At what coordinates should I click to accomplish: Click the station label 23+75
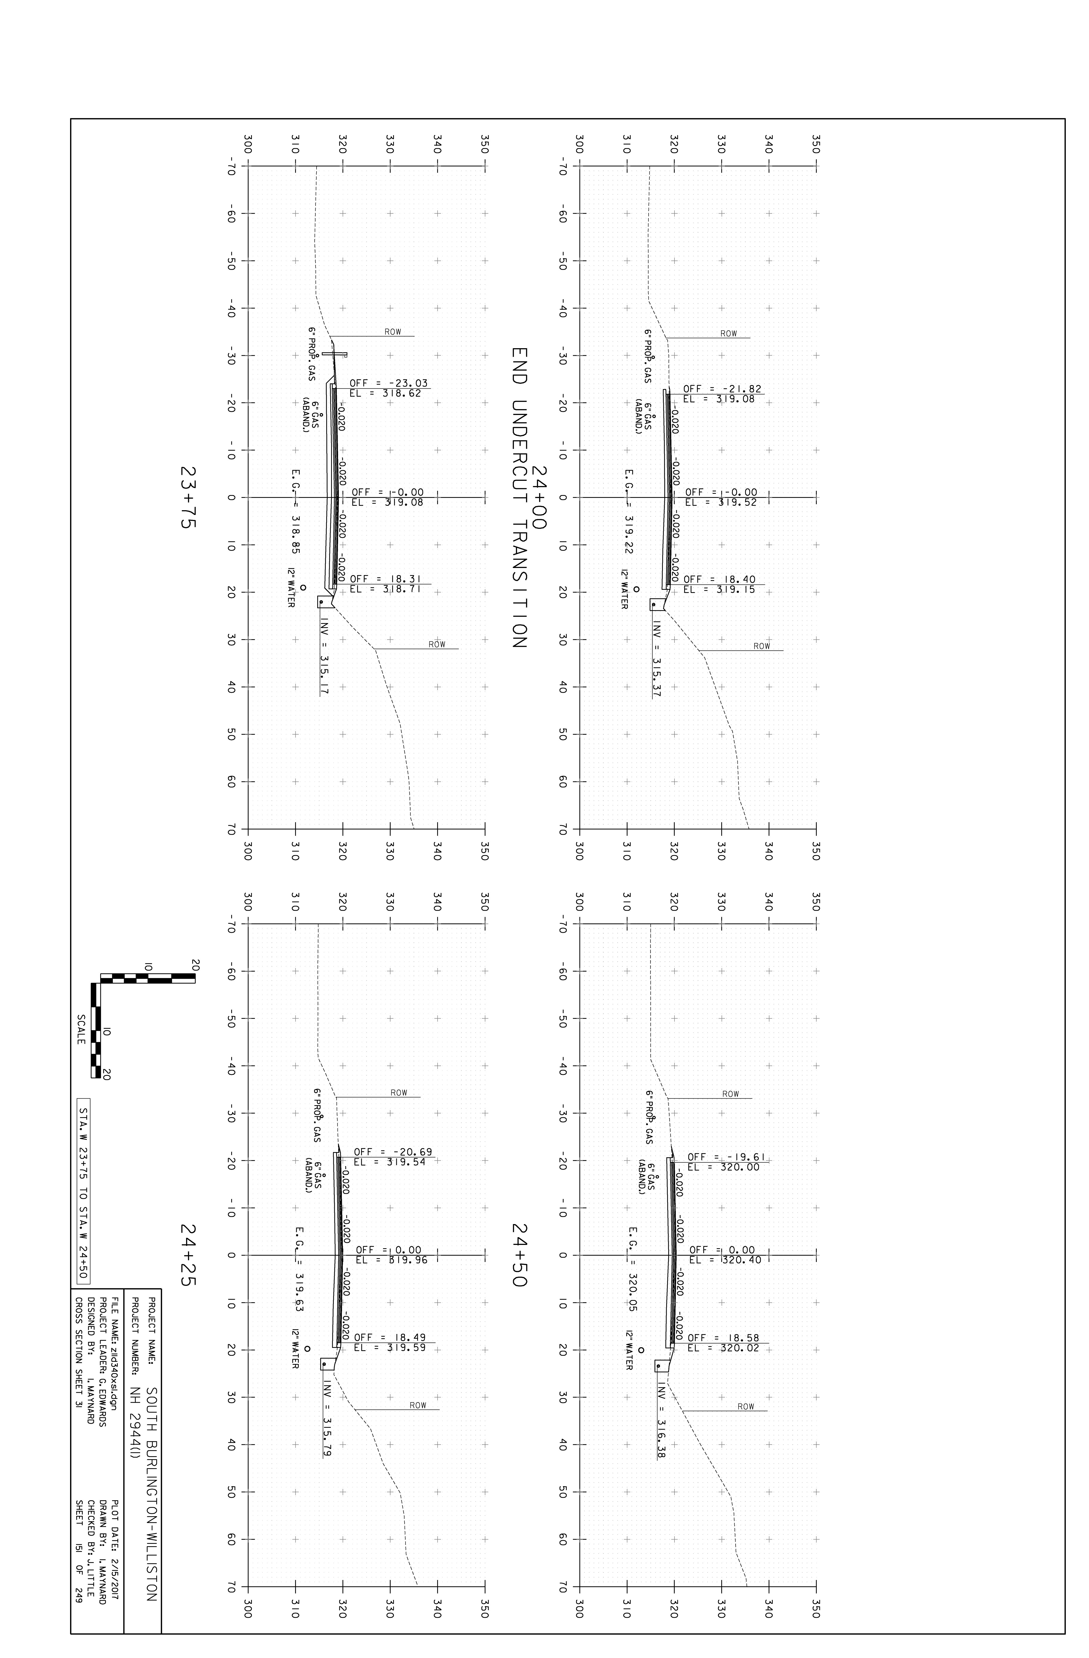click(x=187, y=497)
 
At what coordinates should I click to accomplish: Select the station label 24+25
click(x=187, y=1255)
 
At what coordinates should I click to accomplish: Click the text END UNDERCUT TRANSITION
click(x=519, y=498)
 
